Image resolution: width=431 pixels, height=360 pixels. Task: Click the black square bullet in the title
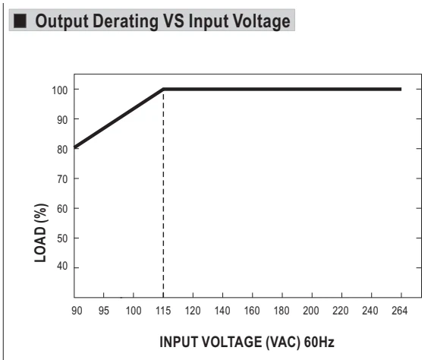click(20, 21)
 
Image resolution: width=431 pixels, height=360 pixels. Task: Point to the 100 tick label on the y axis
click(60, 90)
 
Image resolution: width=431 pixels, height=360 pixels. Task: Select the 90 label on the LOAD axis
click(62, 120)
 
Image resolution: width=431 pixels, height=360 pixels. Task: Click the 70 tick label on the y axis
click(62, 179)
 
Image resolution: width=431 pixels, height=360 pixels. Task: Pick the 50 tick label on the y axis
click(62, 238)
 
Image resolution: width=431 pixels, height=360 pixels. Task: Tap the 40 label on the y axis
click(62, 266)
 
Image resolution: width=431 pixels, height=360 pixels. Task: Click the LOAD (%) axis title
click(41, 233)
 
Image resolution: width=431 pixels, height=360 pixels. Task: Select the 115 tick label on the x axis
click(163, 311)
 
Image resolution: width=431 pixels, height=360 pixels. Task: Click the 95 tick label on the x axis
click(104, 311)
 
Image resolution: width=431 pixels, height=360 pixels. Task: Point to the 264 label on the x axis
click(399, 311)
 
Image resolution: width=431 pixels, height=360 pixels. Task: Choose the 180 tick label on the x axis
click(282, 311)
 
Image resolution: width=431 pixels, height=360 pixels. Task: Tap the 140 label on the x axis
click(222, 311)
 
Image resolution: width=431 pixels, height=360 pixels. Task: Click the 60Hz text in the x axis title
click(319, 342)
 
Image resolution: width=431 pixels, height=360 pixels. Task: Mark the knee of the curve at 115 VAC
click(163, 89)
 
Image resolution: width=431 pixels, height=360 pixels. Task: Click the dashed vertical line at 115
click(163, 194)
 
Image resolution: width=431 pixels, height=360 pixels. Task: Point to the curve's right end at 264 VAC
click(401, 89)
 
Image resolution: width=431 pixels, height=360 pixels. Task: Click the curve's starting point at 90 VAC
click(75, 147)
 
